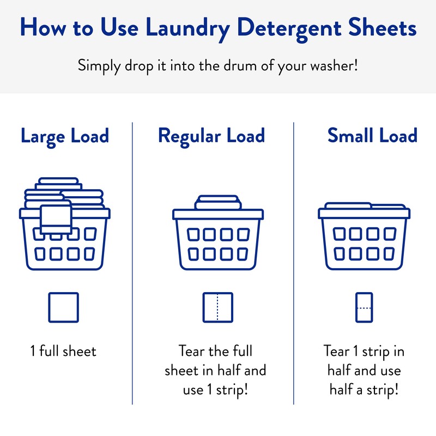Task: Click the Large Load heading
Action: coord(65,136)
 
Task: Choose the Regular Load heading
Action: coord(211,136)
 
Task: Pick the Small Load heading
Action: coord(372,136)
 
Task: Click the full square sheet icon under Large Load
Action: coord(63,307)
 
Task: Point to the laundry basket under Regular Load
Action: coord(217,240)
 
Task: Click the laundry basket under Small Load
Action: coord(364,240)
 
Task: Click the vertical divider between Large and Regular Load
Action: coord(132,262)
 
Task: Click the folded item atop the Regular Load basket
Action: coord(217,202)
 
